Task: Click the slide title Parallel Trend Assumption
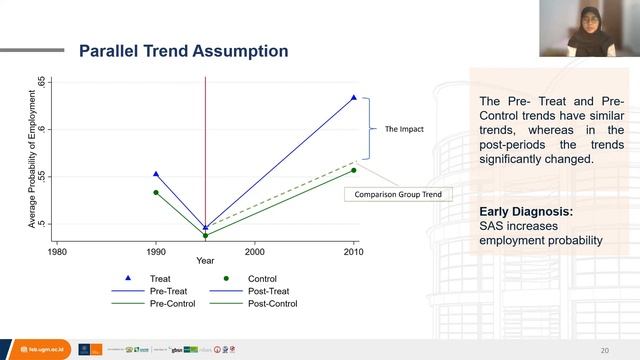184,50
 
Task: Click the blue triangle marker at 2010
354,97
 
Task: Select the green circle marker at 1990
156,192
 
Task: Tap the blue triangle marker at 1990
156,174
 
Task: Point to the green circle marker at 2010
354,170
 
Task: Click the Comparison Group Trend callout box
397,194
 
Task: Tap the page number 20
604,350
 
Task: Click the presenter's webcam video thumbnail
589,28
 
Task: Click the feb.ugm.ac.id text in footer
37,349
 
